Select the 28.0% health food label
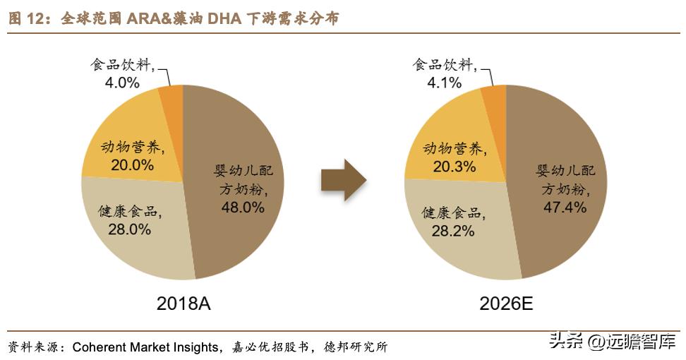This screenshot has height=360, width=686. point(129,229)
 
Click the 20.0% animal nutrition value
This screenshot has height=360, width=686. point(132,165)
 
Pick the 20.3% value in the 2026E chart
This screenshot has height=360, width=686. point(454,166)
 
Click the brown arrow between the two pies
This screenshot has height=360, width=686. point(343,181)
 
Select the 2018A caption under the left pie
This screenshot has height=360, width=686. point(184,304)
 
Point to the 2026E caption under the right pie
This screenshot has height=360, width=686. point(506,304)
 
